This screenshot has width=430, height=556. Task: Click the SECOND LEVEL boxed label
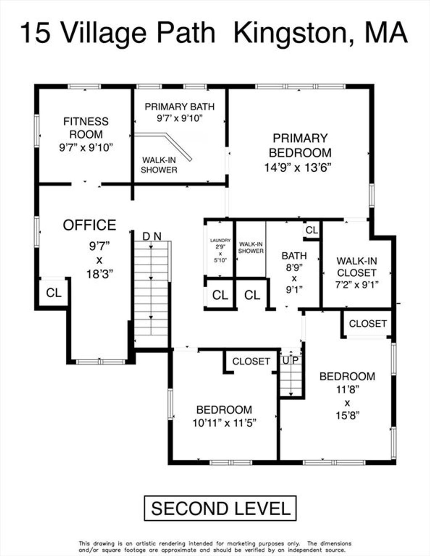click(220, 508)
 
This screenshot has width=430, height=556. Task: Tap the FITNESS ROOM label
click(86, 128)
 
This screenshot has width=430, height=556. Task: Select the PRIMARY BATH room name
click(180, 107)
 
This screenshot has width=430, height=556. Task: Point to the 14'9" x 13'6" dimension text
click(298, 168)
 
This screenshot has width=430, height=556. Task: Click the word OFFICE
click(89, 225)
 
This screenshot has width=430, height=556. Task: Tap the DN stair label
click(152, 237)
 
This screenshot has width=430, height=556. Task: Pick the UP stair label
click(291, 360)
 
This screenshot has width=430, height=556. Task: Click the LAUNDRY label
click(220, 241)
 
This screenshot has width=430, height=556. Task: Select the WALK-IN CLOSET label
click(357, 267)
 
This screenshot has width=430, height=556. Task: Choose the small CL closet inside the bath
click(312, 230)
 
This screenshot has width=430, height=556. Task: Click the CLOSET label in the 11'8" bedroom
click(367, 324)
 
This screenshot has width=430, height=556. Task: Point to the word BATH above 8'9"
click(294, 256)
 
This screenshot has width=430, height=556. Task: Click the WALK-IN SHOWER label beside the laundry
click(251, 247)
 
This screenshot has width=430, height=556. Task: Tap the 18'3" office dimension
click(100, 274)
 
